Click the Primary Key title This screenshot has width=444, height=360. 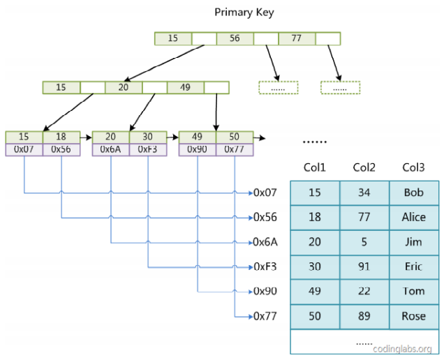[x=244, y=13]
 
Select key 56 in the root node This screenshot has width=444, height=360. [x=235, y=38]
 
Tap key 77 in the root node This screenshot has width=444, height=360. [x=297, y=38]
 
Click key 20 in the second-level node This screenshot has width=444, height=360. [x=123, y=87]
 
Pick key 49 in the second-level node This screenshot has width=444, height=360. [x=185, y=87]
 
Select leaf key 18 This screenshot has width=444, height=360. [x=61, y=137]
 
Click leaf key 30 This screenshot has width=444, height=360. [x=148, y=137]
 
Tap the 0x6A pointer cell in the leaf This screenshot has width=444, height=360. [x=111, y=149]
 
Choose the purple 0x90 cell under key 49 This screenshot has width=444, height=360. [x=197, y=149]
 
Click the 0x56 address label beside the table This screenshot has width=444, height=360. [x=265, y=217]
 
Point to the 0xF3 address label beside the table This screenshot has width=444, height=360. [x=265, y=267]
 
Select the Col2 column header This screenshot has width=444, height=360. [x=364, y=167]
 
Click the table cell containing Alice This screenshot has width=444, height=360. [x=414, y=217]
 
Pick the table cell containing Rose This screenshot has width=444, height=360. [x=414, y=317]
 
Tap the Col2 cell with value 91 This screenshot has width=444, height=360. [x=364, y=267]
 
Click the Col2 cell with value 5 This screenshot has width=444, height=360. [x=364, y=242]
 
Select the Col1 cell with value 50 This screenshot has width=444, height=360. [x=315, y=317]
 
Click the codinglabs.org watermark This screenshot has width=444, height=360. [x=402, y=349]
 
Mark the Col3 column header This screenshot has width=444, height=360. [x=414, y=167]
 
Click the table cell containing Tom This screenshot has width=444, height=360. [x=414, y=292]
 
